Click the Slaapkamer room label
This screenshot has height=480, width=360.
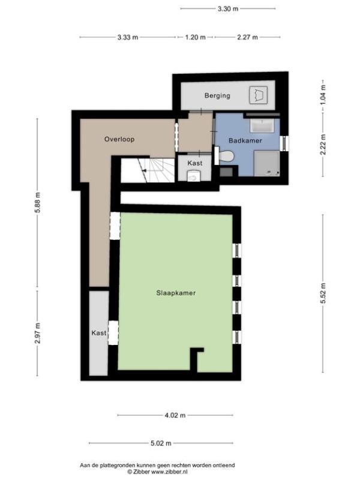(x=176, y=293)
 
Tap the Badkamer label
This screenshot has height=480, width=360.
(x=245, y=140)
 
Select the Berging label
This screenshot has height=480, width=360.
(x=217, y=96)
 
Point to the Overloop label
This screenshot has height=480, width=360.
(x=119, y=139)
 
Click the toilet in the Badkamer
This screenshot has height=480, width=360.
(x=227, y=157)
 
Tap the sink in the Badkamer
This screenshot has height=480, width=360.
(x=262, y=126)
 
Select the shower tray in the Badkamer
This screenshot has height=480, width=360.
(x=267, y=163)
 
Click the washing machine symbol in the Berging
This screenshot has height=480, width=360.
(x=258, y=95)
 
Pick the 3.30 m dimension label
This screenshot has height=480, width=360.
(x=228, y=9)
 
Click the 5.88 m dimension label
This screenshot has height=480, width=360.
(x=38, y=203)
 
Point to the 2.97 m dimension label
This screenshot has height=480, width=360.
(x=38, y=334)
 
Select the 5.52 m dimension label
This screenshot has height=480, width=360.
(x=323, y=293)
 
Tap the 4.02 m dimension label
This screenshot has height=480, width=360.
(x=175, y=415)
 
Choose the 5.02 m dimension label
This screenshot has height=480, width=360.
(x=161, y=443)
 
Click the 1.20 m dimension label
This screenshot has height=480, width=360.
(x=196, y=37)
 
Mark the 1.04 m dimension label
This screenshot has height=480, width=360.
(x=323, y=95)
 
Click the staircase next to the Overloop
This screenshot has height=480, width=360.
(x=148, y=170)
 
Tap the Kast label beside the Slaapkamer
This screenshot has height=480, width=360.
(x=99, y=333)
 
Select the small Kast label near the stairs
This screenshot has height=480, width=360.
(x=195, y=163)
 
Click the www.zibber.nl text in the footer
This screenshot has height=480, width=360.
(x=170, y=472)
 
